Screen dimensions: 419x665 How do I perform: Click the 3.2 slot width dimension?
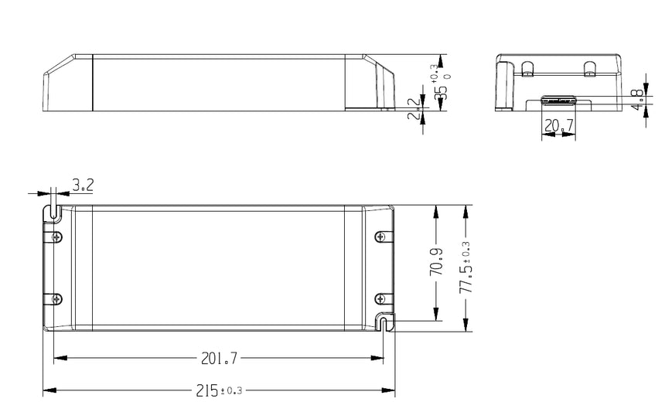83,186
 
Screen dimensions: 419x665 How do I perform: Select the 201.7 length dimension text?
219,358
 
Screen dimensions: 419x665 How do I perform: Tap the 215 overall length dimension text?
219,390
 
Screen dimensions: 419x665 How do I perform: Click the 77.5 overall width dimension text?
465,267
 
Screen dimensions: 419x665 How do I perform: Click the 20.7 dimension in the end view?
558,125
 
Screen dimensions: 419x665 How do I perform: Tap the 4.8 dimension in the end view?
636,100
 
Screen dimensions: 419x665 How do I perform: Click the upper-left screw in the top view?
56,237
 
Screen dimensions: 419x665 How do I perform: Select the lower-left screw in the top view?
56,298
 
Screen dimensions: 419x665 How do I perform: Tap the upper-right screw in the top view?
379,237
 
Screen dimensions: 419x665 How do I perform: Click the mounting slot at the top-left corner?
53,211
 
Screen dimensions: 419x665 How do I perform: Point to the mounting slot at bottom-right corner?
384,322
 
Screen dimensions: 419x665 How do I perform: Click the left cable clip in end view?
528,69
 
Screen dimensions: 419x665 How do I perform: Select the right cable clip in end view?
590,69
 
